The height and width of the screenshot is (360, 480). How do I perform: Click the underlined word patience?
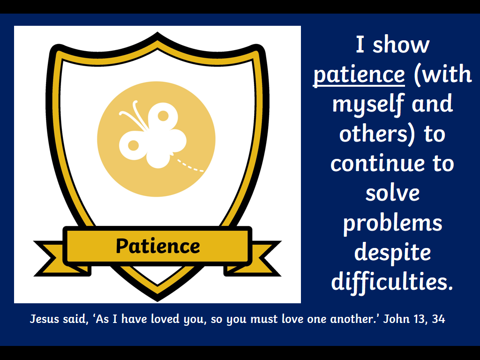click(x=359, y=75)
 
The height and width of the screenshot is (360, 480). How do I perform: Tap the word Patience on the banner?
click(x=157, y=246)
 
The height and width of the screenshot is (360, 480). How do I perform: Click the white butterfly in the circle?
click(x=152, y=135)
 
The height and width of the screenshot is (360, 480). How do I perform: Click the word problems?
click(x=392, y=223)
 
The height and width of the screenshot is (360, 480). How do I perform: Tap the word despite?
click(x=392, y=252)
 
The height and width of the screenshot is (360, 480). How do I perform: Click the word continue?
click(x=378, y=163)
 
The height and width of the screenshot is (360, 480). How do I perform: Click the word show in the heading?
click(x=401, y=45)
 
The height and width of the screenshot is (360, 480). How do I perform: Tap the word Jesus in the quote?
click(x=45, y=319)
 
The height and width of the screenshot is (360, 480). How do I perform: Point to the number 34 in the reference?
click(x=438, y=319)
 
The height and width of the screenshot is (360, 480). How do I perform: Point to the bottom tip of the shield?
click(x=157, y=301)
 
